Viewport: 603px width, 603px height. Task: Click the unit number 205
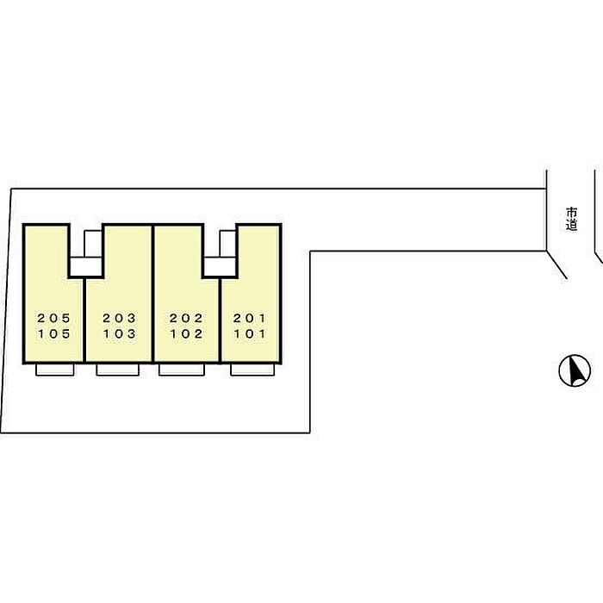pos(53,318)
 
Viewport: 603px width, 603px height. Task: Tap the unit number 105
pos(53,334)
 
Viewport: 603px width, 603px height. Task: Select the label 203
pos(119,318)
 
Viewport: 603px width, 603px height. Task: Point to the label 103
pos(119,334)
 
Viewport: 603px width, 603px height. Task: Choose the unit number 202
pos(186,318)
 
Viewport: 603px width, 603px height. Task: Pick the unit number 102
pos(186,334)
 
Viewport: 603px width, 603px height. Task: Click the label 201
pos(250,318)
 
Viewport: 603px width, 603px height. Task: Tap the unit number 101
pos(250,334)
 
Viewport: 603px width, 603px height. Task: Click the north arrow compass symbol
pos(574,371)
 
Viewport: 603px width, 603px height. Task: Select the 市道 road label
pos(571,218)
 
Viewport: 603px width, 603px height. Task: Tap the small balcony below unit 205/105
pos(54,370)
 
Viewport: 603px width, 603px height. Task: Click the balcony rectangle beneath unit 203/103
pos(117,370)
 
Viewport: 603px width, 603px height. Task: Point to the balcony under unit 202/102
pos(181,370)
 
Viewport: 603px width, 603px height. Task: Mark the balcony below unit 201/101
pos(253,370)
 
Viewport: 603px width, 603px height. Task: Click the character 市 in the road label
pos(571,211)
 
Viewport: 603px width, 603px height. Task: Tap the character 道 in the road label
pos(571,226)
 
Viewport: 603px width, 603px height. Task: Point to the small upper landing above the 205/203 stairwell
pos(93,244)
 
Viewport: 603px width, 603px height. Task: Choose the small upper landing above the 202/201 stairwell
pos(227,244)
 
